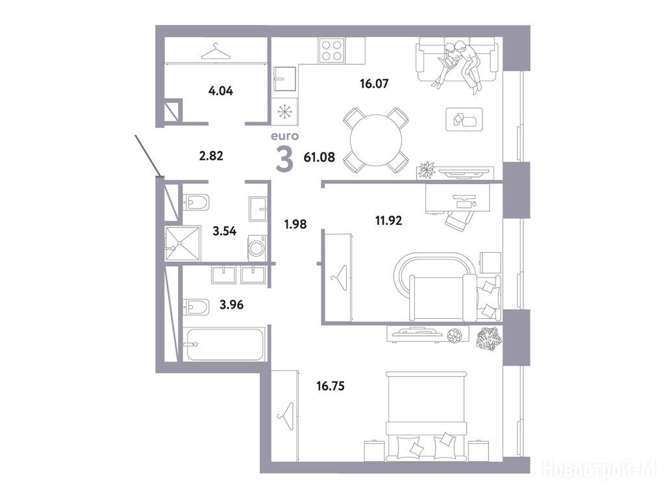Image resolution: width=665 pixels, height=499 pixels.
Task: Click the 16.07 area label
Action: tap(374, 84)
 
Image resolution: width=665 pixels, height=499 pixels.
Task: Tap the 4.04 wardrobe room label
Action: tap(221, 91)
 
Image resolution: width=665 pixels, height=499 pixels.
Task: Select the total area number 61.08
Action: tap(320, 157)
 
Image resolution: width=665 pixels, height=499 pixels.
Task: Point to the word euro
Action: tap(284, 136)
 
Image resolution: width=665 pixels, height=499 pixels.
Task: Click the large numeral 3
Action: tap(284, 159)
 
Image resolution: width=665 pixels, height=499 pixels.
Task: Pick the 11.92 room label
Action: tap(388, 221)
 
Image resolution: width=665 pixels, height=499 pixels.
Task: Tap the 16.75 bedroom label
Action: tap(331, 386)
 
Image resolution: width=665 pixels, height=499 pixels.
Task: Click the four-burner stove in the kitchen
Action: tap(332, 51)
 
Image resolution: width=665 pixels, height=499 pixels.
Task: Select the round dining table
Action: tap(376, 140)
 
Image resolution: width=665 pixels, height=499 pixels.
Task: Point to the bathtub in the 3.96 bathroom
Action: tap(224, 344)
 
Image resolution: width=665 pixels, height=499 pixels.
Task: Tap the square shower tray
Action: tap(182, 243)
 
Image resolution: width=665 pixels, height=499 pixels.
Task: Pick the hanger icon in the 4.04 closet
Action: tap(216, 52)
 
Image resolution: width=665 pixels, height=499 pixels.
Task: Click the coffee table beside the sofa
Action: tap(464, 120)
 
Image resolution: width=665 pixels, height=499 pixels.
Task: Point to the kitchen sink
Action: tap(285, 79)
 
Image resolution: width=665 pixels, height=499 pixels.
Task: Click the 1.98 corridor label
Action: tap(295, 224)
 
